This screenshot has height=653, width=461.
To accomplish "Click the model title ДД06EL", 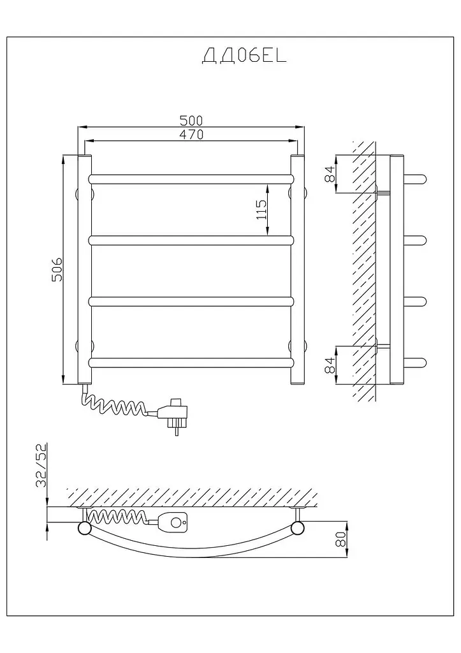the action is click(x=244, y=56).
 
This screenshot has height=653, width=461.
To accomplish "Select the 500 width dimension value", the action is click(x=191, y=121).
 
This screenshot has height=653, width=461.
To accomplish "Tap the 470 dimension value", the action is click(x=191, y=135).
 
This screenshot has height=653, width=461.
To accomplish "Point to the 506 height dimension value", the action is click(x=57, y=270).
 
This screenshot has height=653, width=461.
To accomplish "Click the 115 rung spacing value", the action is click(x=261, y=210).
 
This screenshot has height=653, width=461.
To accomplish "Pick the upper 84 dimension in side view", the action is click(x=330, y=173).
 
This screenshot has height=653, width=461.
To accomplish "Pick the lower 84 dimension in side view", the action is click(x=330, y=365).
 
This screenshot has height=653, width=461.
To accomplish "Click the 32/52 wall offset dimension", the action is click(x=41, y=465).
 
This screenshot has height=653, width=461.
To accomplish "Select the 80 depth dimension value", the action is click(x=340, y=539).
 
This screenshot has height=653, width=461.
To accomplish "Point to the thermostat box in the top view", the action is click(x=172, y=521).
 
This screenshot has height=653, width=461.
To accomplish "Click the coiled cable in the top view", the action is click(x=118, y=518).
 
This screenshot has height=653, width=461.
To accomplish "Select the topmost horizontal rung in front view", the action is click(x=191, y=179).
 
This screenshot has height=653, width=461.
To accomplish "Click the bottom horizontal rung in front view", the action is click(x=191, y=363).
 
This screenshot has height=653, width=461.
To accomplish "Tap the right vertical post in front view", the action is click(x=297, y=270).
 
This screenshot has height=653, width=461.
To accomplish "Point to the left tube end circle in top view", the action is click(x=85, y=528).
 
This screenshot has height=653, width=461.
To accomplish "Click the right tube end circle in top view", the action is click(x=298, y=528).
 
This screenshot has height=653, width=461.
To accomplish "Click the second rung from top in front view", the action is click(x=191, y=240).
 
